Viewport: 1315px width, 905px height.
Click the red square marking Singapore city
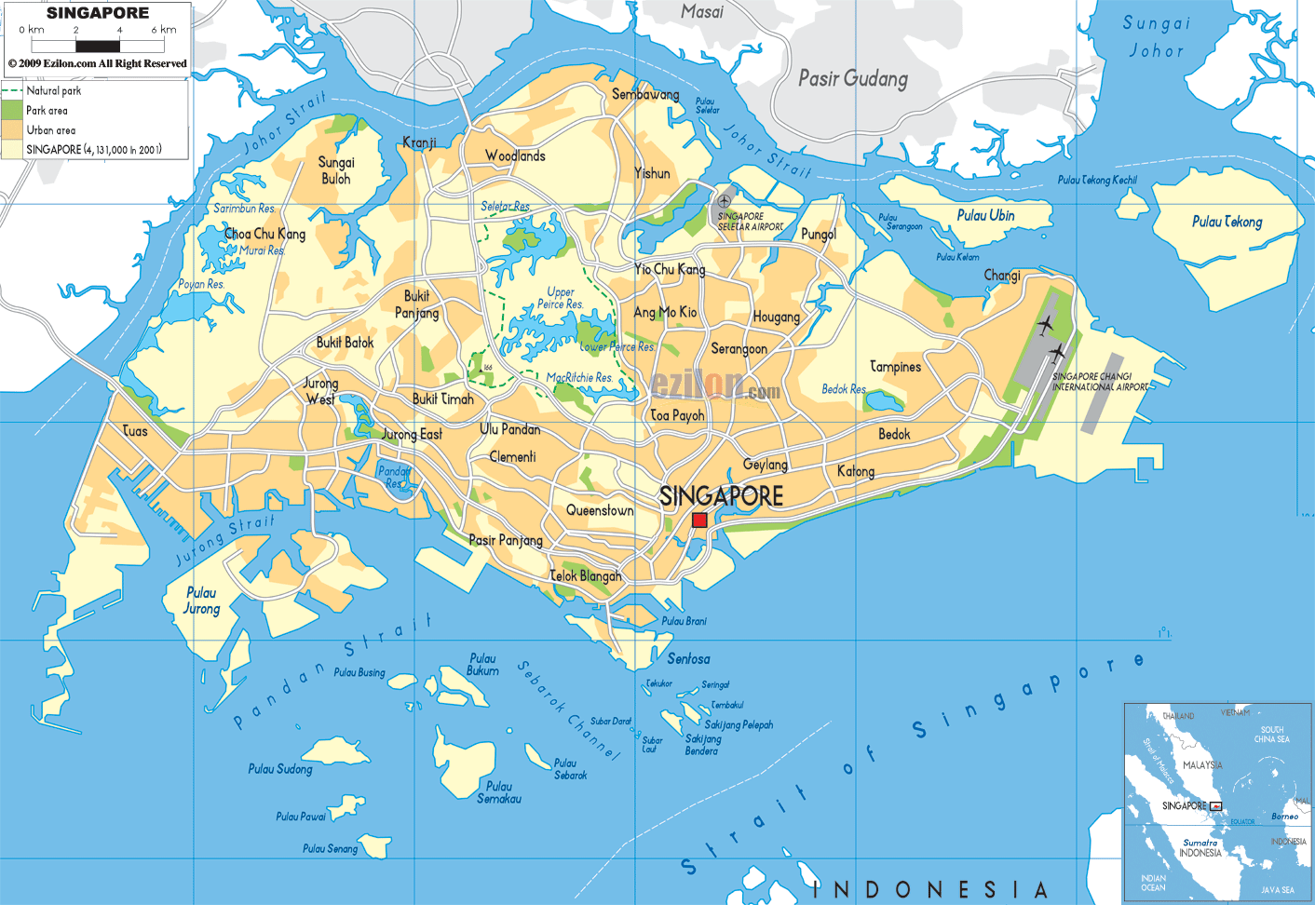point(699,520)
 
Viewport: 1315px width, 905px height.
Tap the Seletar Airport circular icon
point(725,201)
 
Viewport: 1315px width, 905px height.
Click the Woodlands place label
point(515,155)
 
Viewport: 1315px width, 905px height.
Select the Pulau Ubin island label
point(985,215)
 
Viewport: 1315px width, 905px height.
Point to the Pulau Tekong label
point(1227,222)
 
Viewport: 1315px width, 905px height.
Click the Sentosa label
point(688,658)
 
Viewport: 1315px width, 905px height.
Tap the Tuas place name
point(135,430)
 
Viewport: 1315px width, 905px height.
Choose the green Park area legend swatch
point(12,110)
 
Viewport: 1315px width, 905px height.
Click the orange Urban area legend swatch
point(12,130)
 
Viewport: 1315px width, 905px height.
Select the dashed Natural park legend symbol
point(12,90)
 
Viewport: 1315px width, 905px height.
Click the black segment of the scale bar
point(98,46)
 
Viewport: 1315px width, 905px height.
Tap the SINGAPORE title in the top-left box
point(98,13)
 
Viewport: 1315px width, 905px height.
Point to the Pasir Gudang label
point(852,78)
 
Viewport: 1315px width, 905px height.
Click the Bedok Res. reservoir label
point(844,389)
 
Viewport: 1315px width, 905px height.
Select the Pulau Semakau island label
point(499,792)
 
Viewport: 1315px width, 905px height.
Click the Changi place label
point(1002,276)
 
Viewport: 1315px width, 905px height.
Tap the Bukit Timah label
point(443,398)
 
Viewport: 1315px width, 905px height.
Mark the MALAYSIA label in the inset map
point(1202,764)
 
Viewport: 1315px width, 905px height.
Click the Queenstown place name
point(600,510)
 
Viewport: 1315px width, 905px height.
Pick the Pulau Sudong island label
point(280,769)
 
